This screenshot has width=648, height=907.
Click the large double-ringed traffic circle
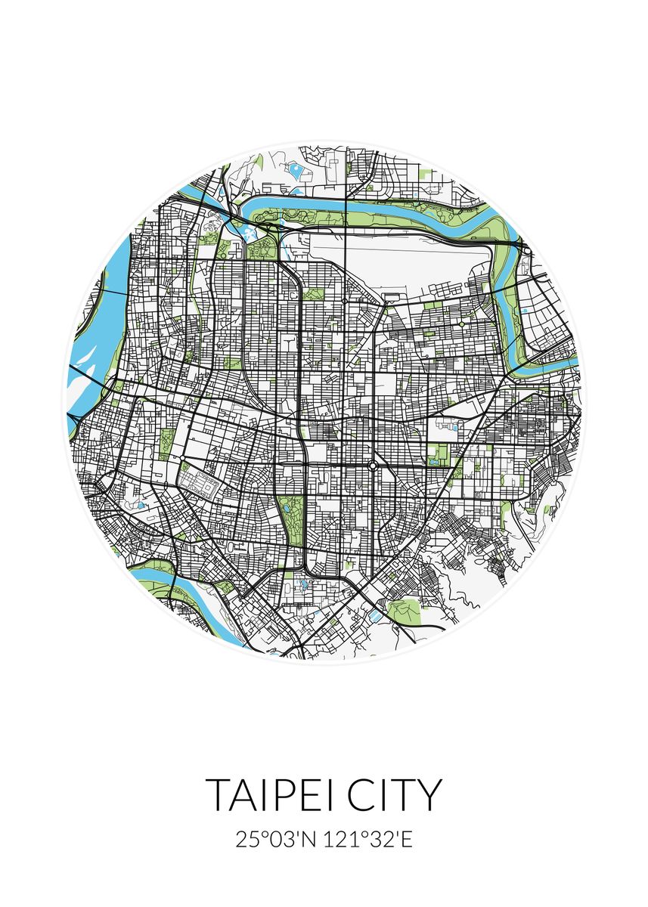[x=372, y=466]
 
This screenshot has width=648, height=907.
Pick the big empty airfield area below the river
[x=393, y=265]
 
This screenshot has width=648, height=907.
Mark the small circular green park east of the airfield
[x=461, y=324]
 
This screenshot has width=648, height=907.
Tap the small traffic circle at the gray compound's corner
[x=182, y=458]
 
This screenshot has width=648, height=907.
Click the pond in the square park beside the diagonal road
[x=437, y=458]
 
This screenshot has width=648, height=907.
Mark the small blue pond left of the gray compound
[x=141, y=505]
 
